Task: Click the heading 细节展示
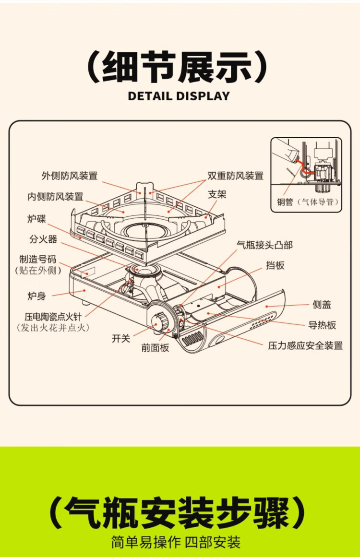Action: (178, 68)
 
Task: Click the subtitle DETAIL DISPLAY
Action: (179, 96)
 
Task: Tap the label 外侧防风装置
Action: (69, 176)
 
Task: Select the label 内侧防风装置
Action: (55, 197)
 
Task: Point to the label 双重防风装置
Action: (235, 176)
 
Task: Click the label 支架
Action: (216, 195)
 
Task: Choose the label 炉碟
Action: (36, 219)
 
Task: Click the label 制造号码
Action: (41, 260)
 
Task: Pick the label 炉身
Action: (36, 296)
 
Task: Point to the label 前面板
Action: (155, 348)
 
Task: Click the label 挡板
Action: (275, 265)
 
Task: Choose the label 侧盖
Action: (322, 305)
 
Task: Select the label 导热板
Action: (322, 325)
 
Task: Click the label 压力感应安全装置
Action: (305, 345)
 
